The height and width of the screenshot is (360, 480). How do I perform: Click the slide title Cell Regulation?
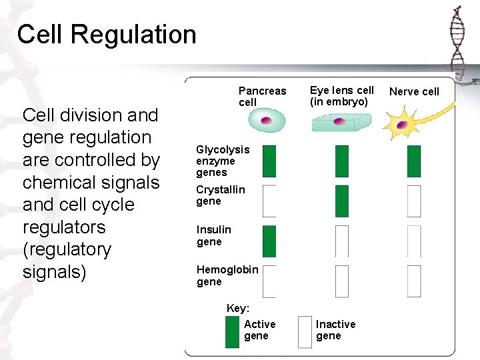click(107, 35)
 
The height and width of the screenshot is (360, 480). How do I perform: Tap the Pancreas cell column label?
click(262, 96)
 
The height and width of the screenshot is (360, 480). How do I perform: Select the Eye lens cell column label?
click(341, 96)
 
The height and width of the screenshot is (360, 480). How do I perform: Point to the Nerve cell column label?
click(414, 91)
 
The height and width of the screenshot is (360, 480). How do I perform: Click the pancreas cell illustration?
click(266, 121)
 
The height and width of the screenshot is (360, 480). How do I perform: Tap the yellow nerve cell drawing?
click(403, 125)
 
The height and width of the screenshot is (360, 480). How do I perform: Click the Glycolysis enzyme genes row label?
click(222, 161)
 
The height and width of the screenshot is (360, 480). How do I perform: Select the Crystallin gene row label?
click(220, 195)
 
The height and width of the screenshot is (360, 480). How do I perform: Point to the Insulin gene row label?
click(213, 235)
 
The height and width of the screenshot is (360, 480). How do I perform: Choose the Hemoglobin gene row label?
click(227, 275)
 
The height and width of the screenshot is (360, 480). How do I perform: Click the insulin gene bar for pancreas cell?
click(269, 241)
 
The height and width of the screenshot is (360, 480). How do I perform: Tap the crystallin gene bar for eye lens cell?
click(341, 201)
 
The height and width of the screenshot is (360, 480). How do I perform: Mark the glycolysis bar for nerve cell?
click(414, 161)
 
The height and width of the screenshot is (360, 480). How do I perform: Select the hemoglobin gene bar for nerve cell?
click(414, 281)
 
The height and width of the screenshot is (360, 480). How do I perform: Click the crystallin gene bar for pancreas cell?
click(269, 201)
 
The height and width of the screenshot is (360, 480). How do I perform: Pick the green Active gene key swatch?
click(232, 331)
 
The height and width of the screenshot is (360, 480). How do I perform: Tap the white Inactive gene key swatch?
click(305, 331)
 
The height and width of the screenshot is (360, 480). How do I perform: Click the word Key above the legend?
click(238, 308)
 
